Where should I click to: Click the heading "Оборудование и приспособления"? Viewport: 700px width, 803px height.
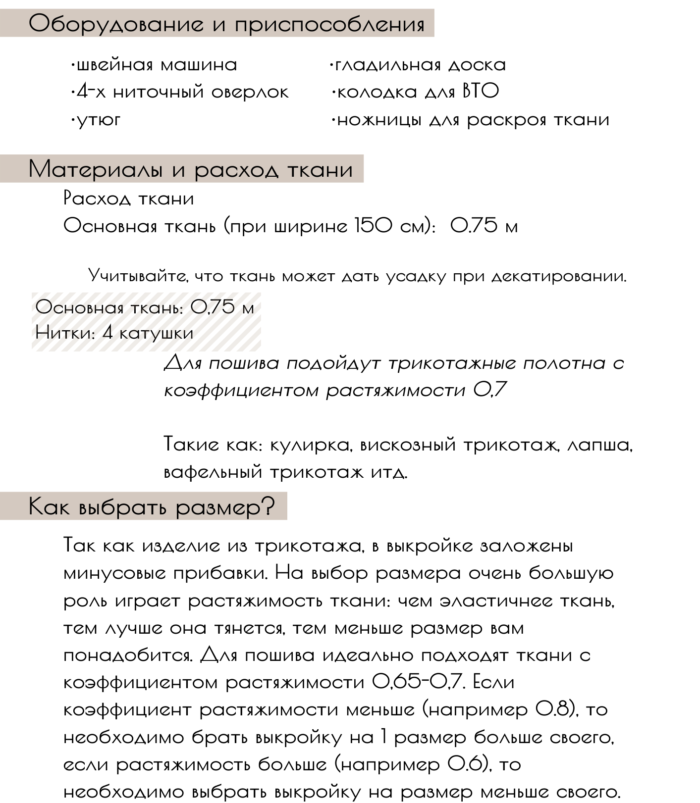click(x=226, y=24)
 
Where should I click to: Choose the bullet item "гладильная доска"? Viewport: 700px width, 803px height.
click(x=419, y=65)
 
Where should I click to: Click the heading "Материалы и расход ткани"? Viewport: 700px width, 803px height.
click(x=191, y=169)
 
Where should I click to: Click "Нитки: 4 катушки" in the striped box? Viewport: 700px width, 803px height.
click(x=114, y=333)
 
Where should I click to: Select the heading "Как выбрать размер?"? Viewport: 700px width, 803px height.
click(x=152, y=506)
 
